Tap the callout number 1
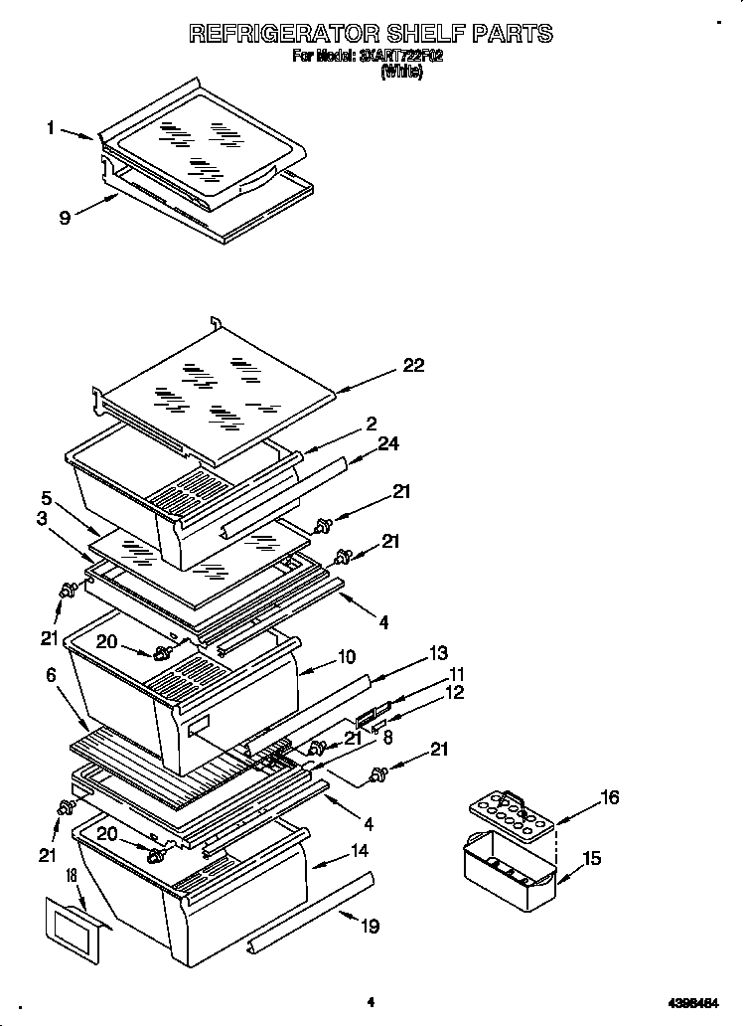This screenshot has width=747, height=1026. (x=50, y=127)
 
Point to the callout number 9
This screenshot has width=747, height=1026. (x=64, y=219)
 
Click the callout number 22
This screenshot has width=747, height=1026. (x=412, y=366)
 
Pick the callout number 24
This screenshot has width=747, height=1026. (x=387, y=443)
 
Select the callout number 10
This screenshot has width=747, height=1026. (x=347, y=657)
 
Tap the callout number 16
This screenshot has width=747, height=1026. (x=609, y=797)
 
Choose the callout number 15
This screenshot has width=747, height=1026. (x=591, y=858)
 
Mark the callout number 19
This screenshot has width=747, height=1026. (x=370, y=927)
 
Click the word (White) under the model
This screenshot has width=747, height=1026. (x=401, y=73)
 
